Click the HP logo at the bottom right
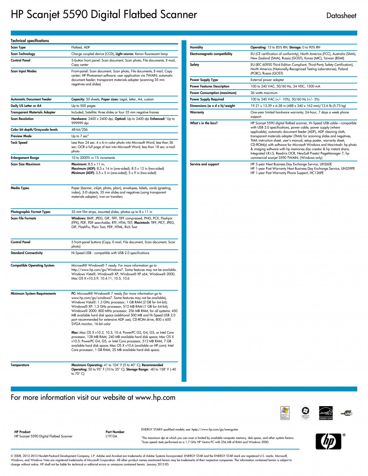click(x=328, y=441)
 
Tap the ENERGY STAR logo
click(x=326, y=413)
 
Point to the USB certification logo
click(x=347, y=413)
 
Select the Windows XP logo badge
click(x=285, y=413)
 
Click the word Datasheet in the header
click(x=341, y=16)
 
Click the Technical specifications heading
click(x=30, y=41)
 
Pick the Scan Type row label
click(x=18, y=47)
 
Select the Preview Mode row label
click(x=21, y=136)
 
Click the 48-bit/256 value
click(x=79, y=129)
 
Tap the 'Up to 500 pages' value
click(x=83, y=106)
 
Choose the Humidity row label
click(x=196, y=47)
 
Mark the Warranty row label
click(x=197, y=112)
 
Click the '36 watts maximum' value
click(x=264, y=93)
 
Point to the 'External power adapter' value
click(x=267, y=80)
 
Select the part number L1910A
click(x=111, y=436)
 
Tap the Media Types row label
click(x=20, y=188)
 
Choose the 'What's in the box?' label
click(x=204, y=123)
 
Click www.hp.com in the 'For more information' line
click(x=155, y=398)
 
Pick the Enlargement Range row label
click(x=25, y=158)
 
